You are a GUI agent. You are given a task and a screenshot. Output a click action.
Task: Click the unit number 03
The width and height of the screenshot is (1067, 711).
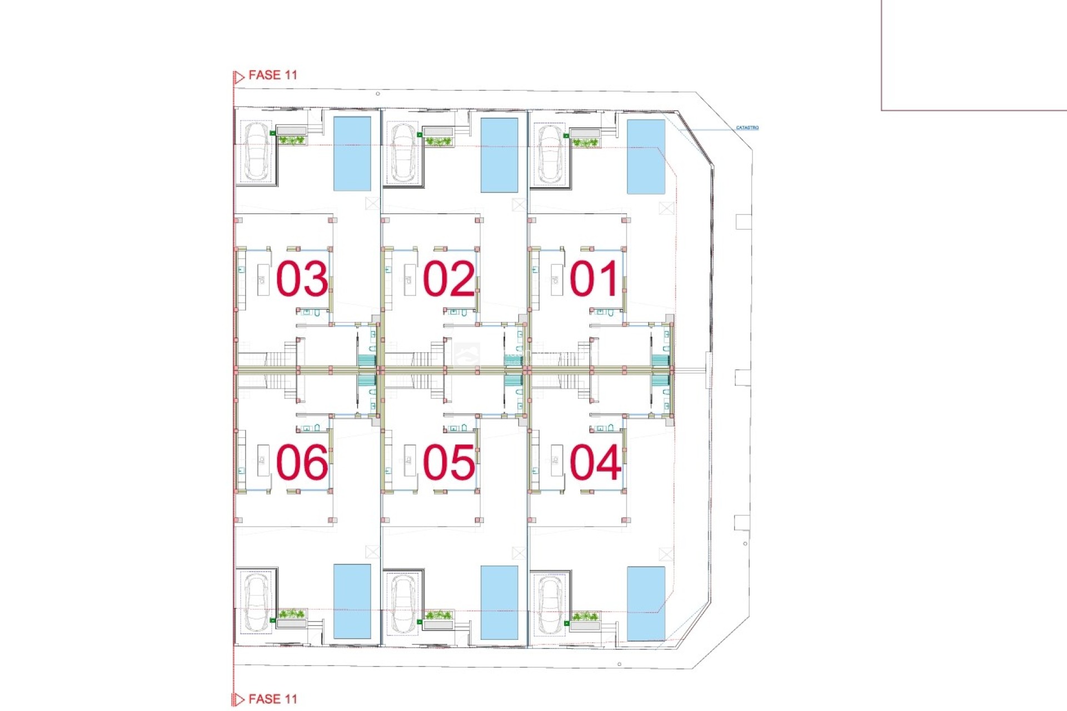302,279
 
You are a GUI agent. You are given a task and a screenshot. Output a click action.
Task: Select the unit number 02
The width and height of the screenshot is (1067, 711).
448,279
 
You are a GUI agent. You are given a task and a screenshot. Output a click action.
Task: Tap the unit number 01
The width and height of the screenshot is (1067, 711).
594,279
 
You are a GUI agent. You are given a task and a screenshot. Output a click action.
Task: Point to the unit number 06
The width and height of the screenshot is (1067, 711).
302,462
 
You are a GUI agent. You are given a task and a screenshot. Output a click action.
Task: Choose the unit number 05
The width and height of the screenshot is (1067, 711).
448,462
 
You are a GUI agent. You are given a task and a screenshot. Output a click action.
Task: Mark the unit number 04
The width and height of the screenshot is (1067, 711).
595,462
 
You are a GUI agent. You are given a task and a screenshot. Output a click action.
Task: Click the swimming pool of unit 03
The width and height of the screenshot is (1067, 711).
352,154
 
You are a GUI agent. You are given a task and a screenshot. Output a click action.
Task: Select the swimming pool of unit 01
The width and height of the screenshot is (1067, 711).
646,157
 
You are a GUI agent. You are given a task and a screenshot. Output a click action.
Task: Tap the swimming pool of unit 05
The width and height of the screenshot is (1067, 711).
499,603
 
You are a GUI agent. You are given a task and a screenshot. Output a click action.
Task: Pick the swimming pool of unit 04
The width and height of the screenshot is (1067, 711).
646,604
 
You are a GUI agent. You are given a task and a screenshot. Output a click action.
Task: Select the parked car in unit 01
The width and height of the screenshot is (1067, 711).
550,154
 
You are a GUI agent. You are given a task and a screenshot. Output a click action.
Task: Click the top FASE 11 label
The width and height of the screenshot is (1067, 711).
272,75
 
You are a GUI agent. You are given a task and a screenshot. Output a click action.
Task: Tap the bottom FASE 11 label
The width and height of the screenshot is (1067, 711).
272,699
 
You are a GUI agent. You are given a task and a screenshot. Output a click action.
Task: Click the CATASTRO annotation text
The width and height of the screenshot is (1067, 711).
747,128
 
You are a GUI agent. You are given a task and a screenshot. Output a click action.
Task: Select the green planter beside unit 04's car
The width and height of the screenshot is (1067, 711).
585,616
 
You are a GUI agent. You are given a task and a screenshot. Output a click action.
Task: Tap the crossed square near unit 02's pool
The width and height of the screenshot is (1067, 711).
519,205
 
